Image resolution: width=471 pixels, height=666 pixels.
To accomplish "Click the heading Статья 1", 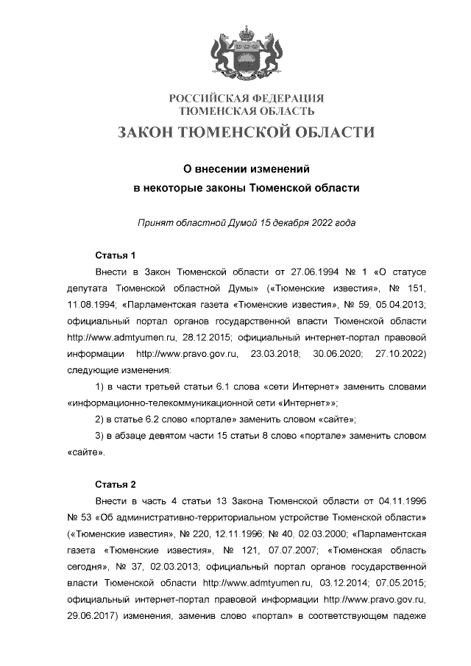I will (116, 256).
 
